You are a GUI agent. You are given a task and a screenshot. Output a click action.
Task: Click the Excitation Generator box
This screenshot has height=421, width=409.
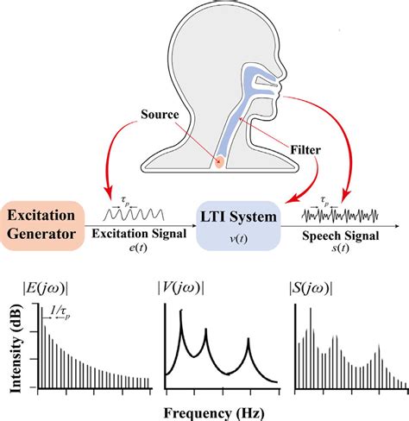point(42,226)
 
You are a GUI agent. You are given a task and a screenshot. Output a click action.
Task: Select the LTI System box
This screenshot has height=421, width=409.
point(238,226)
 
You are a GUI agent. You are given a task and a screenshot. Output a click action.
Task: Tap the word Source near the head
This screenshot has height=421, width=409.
point(160,115)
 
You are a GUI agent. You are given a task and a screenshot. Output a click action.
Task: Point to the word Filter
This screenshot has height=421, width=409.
point(305,150)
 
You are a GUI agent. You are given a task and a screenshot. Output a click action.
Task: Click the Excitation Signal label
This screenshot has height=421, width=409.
point(139,234)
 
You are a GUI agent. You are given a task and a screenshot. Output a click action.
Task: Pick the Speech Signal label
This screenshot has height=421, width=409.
point(341,236)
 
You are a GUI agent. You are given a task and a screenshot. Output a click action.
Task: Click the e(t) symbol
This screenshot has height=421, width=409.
point(138,248)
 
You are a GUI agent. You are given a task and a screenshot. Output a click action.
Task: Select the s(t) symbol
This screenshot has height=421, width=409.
point(341,248)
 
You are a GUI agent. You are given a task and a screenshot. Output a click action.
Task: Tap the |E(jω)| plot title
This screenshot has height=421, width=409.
point(46,288)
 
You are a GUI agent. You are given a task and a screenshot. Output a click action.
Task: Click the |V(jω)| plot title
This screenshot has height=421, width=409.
point(181,288)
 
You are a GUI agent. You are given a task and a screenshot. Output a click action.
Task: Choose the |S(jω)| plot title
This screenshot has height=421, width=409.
point(311,288)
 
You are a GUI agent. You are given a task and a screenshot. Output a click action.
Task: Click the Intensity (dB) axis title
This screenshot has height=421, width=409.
point(16,348)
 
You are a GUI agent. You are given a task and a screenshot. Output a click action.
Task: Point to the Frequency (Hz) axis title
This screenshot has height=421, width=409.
point(214,413)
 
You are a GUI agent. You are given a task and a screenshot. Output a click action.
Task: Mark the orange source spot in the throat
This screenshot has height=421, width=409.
point(219,161)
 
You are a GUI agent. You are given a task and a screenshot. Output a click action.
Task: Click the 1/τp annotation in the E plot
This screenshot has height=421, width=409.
point(60,311)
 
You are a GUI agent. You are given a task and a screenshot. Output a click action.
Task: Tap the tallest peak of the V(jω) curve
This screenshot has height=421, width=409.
point(181,311)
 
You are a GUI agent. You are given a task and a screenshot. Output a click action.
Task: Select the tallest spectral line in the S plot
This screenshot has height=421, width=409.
point(311,349)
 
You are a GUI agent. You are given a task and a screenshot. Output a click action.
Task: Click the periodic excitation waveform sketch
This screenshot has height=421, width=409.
point(134,215)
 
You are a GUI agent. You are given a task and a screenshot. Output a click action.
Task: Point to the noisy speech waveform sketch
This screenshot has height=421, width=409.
point(340,216)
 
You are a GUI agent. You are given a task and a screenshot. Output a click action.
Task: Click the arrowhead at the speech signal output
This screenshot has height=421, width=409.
point(397,226)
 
